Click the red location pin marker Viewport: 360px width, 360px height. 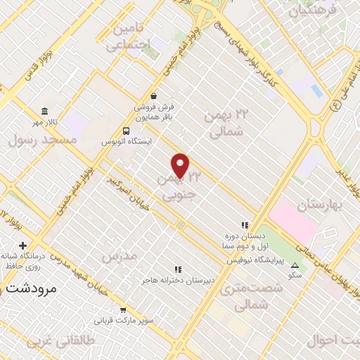tap(181, 165)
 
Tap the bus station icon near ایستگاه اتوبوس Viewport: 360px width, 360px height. tap(126, 131)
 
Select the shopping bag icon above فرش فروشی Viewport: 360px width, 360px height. tap(153, 96)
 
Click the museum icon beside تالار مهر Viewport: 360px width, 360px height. tap(45, 112)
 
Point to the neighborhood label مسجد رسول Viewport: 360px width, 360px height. tap(41, 140)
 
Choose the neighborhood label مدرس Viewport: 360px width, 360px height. tap(117, 257)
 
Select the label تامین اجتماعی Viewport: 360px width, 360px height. tap(129, 37)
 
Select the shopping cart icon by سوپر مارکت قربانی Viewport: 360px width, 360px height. tap(124, 310)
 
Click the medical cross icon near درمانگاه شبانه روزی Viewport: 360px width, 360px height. tap(23, 246)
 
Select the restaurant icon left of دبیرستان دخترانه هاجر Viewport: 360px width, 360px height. tap(178, 269)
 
